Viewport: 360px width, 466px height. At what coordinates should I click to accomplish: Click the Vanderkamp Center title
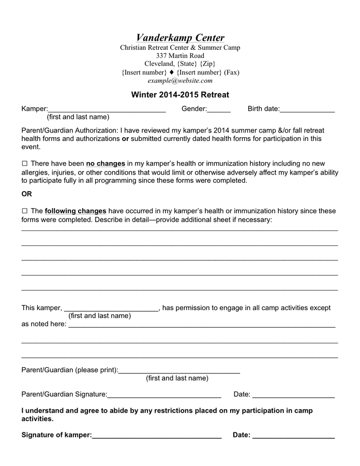pos(180,38)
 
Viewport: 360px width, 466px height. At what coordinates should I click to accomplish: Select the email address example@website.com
pos(180,81)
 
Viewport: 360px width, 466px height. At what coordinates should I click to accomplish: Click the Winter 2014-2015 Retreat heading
pos(180,95)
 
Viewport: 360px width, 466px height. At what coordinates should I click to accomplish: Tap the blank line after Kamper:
pos(107,109)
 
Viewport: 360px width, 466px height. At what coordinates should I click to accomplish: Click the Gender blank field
pos(219,109)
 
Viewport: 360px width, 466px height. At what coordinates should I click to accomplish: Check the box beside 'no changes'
pos(24,164)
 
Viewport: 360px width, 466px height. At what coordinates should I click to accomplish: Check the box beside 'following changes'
pos(24,211)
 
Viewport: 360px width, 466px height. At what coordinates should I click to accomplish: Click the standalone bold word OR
pos(26,194)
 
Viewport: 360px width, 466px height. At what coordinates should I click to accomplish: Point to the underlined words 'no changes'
pos(106,164)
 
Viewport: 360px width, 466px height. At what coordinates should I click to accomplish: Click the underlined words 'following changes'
pos(76,211)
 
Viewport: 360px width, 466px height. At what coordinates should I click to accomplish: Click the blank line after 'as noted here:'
pos(202,325)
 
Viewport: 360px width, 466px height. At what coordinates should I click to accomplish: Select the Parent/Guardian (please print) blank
pos(179,370)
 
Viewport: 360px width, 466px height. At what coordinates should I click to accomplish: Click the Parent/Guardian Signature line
pos(164,395)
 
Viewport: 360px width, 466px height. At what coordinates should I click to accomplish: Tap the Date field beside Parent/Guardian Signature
pos(293,395)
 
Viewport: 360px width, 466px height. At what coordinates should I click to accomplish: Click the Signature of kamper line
pos(157,435)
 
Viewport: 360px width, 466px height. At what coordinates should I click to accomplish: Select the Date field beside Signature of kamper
pos(293,435)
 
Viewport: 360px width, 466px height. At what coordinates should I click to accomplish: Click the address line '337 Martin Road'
pos(180,56)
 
